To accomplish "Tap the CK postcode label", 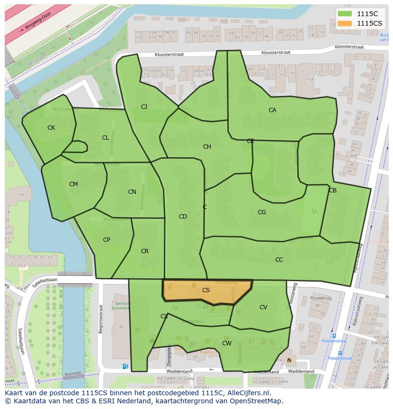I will click(51, 128).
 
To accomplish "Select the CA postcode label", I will click(272, 110).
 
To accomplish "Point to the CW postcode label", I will click(227, 343).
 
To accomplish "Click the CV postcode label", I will click(263, 307).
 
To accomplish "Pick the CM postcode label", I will click(74, 184).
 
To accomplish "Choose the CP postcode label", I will click(107, 240).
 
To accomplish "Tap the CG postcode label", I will click(262, 212).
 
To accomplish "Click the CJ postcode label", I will click(144, 107).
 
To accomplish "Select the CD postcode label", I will click(183, 217).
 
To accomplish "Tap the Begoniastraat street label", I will click(101, 319).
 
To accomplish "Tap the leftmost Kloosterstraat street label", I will click(169, 55).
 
